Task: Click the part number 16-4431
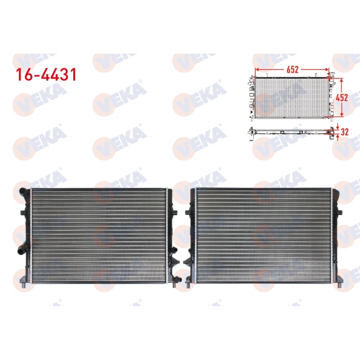[x=46, y=75]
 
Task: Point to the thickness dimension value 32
[x=345, y=131]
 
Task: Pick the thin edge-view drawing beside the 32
[x=291, y=131]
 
